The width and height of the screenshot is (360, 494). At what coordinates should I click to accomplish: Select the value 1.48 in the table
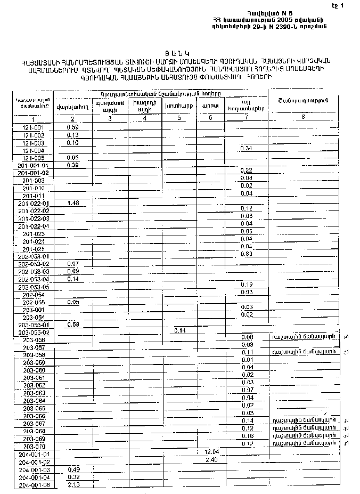tap(73, 203)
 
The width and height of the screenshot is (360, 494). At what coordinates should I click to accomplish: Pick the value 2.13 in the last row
tap(73, 485)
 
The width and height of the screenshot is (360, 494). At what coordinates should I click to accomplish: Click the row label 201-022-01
tap(33, 204)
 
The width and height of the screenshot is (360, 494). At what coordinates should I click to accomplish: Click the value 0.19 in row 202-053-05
tap(246, 285)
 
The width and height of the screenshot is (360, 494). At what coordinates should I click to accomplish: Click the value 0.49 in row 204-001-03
tap(73, 469)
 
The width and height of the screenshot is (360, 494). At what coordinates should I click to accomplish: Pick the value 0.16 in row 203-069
tap(247, 436)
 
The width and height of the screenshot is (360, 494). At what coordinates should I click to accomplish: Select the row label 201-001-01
tap(33, 166)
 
